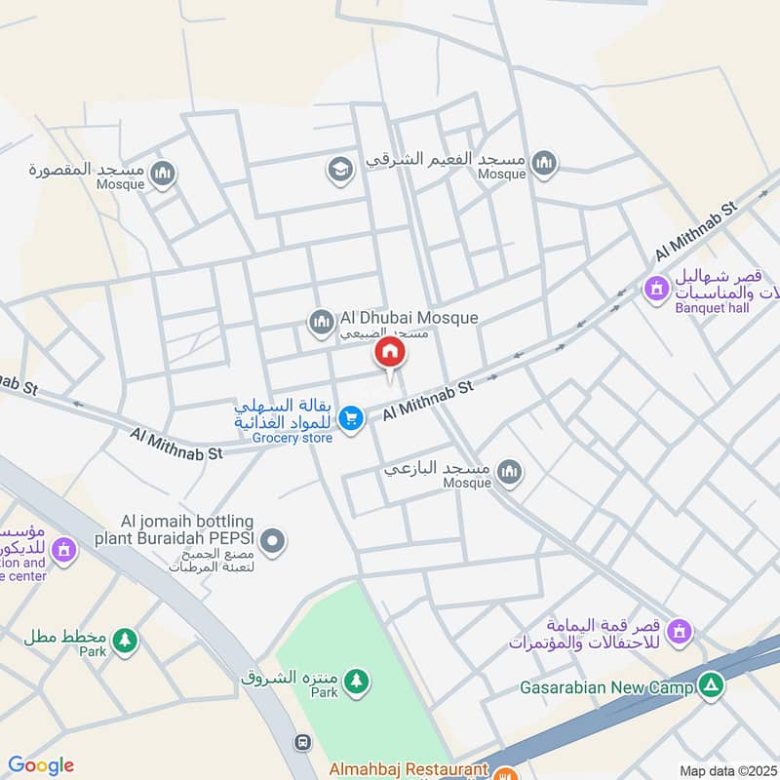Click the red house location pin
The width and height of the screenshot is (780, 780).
(390, 354)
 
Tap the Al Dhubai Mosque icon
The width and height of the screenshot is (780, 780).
(321, 320)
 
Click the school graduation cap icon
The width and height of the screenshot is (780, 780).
(339, 170)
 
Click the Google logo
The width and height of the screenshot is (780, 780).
(41, 765)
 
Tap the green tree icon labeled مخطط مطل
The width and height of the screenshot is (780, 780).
(124, 641)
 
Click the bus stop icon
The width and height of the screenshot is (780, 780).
(303, 743)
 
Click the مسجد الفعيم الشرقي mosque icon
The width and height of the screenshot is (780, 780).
(545, 162)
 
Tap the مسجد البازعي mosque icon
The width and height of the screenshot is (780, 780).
(509, 473)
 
